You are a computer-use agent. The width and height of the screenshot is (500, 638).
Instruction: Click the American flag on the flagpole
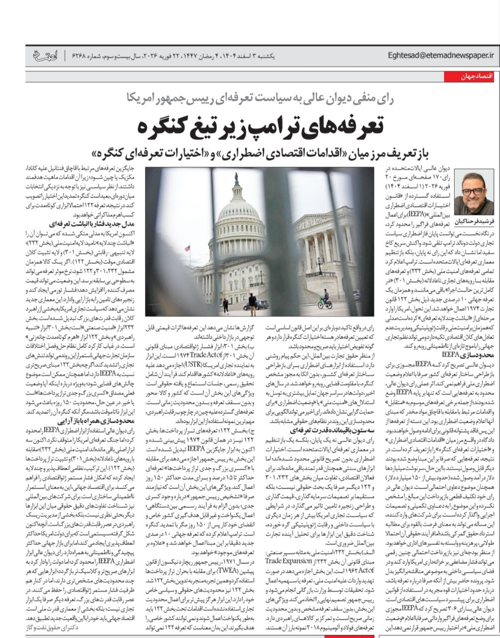pyautogui.click(x=187, y=248)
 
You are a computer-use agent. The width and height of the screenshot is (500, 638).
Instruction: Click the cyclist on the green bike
pyautogui.click(x=325, y=299)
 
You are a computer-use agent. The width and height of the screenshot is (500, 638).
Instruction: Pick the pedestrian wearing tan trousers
pyautogui.click(x=252, y=304)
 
